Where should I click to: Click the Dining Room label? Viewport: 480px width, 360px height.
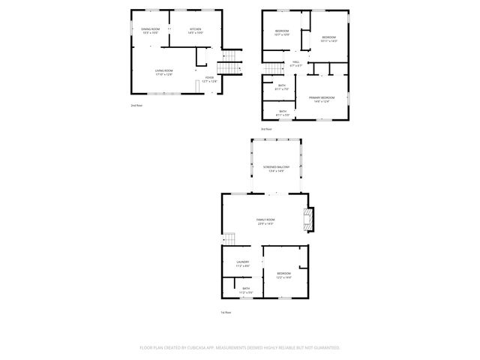(x=150, y=31)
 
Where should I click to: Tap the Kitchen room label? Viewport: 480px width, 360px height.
(x=196, y=31)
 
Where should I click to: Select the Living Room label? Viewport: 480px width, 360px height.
(x=163, y=73)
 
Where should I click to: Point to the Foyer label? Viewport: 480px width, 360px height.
(x=209, y=79)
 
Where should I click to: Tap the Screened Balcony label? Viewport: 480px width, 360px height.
(x=276, y=169)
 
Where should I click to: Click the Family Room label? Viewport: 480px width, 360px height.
(x=265, y=221)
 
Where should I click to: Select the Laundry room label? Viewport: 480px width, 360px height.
(x=242, y=263)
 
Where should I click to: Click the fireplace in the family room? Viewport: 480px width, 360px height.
(x=307, y=219)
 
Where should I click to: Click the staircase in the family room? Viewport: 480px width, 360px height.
(x=230, y=239)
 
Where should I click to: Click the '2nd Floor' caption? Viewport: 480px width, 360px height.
(x=136, y=106)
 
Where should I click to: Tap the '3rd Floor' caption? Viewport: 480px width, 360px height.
(x=266, y=130)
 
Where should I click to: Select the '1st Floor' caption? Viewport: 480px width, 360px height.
(x=225, y=311)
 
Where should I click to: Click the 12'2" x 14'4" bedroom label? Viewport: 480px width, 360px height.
(x=283, y=275)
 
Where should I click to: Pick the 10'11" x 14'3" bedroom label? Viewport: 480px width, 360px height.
(x=329, y=39)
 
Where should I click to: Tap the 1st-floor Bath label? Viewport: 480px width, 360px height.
(x=246, y=290)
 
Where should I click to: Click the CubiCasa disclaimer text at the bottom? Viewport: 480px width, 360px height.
(x=240, y=347)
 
